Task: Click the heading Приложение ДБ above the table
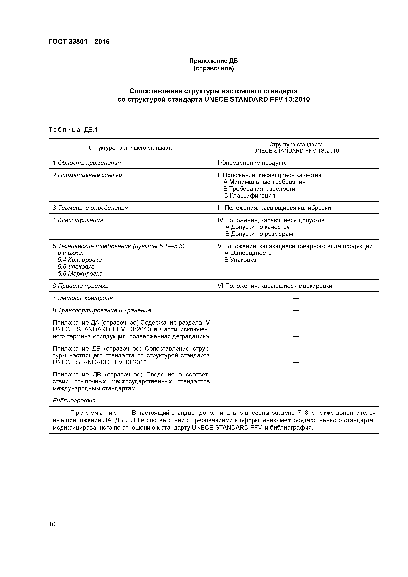pos(213,61)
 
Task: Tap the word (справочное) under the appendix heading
pos(213,68)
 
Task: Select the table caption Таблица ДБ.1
pos(73,130)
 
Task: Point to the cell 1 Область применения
pos(87,163)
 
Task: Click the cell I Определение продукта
pos(252,163)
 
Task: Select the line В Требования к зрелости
pos(259,189)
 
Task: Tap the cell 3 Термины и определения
pos(90,208)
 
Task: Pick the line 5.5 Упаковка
pos(76,267)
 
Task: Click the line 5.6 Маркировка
pos(80,273)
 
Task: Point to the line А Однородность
pos(248,253)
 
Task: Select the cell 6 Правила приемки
pos(80,286)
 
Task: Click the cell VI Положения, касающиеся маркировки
pos(275,286)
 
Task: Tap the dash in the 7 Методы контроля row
pos(296,298)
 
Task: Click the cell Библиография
pos(74,400)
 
